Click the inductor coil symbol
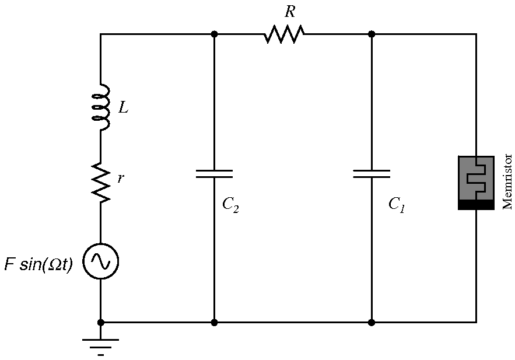(102, 107)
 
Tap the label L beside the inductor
(123, 107)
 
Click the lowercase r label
(120, 179)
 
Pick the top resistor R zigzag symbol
(284, 34)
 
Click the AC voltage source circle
(100, 261)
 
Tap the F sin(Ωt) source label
(38, 264)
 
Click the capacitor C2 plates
(214, 173)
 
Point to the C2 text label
(230, 205)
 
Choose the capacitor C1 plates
(372, 173)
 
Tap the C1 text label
(397, 205)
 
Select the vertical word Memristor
(507, 181)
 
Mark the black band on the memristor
(476, 205)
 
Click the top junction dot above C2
(214, 34)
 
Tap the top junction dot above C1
(372, 34)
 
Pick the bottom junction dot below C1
(372, 321)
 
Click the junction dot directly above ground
(100, 321)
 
